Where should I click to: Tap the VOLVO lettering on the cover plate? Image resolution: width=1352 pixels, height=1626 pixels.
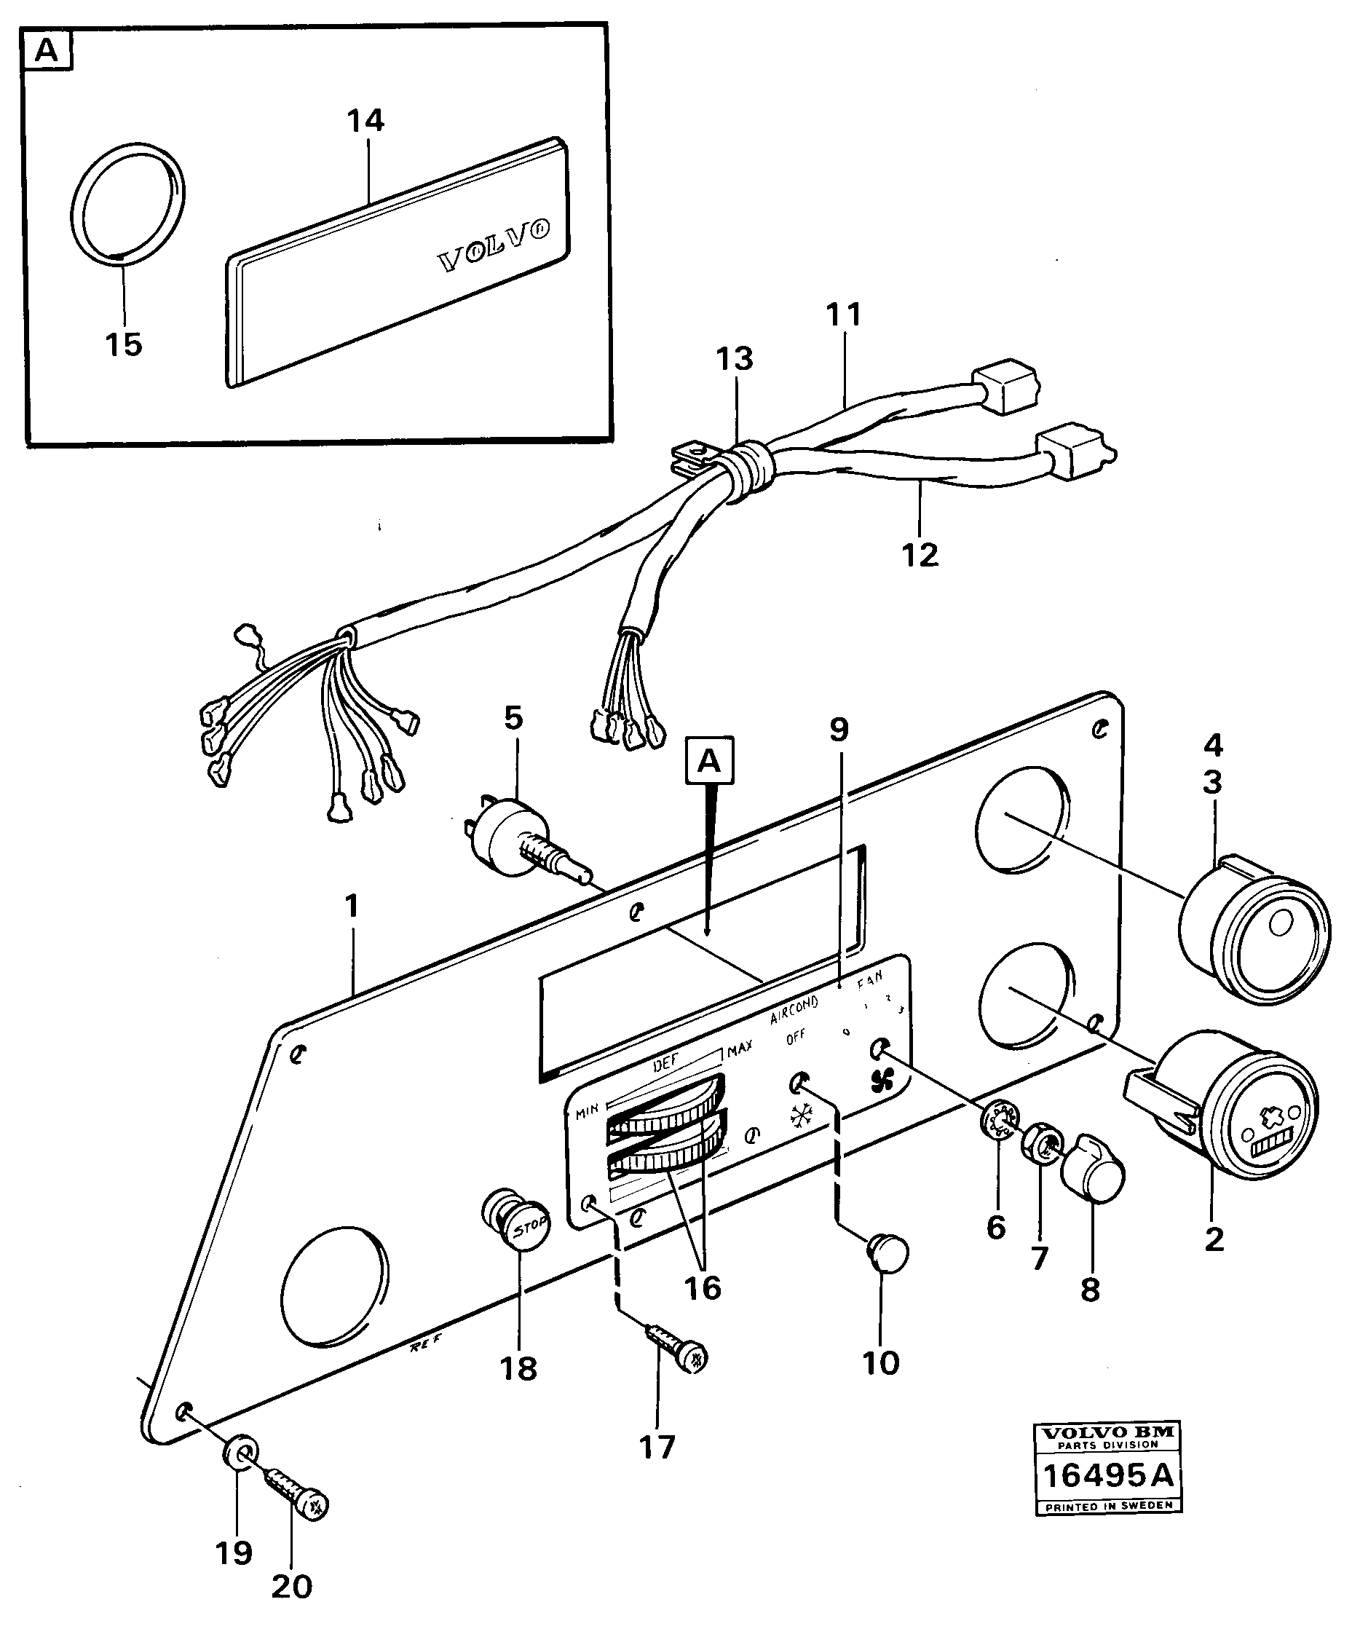(495, 245)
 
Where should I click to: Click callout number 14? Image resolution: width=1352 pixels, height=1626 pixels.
(365, 122)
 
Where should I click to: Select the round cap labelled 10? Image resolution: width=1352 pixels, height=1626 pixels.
(889, 1252)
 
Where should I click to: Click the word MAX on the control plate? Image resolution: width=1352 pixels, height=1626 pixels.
(740, 1049)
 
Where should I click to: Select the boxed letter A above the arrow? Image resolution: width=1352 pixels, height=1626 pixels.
(709, 762)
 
